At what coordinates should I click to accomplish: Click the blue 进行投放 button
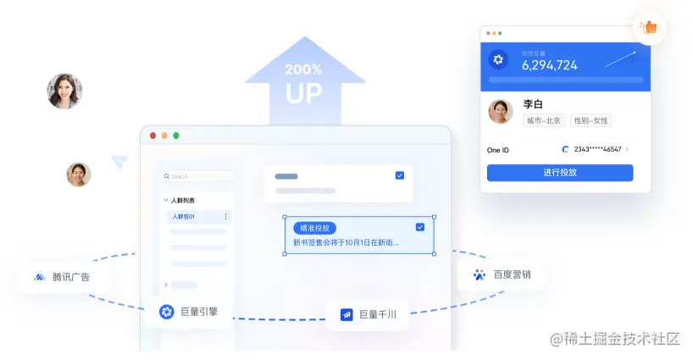click(x=559, y=173)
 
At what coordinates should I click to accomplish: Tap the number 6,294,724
click(x=549, y=65)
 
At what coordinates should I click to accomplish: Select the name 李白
click(x=532, y=104)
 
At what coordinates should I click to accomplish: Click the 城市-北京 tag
click(x=544, y=121)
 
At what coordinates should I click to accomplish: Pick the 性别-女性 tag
click(x=590, y=121)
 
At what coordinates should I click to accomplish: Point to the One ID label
click(x=498, y=150)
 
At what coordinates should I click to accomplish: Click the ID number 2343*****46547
click(x=597, y=150)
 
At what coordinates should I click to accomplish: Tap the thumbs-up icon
click(x=650, y=27)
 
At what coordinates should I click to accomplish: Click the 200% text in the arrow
click(x=303, y=69)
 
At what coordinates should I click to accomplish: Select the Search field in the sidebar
click(x=199, y=176)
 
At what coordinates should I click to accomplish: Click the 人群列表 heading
click(x=182, y=201)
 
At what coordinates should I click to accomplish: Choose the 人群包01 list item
click(x=184, y=217)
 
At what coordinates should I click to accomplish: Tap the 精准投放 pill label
click(x=315, y=228)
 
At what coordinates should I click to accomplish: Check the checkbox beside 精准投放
click(x=420, y=227)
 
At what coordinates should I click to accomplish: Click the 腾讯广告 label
click(x=70, y=277)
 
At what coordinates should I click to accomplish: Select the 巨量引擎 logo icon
click(x=166, y=312)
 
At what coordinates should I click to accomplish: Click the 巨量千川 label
click(x=378, y=315)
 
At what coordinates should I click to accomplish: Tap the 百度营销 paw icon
click(x=480, y=274)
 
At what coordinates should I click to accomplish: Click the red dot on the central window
click(x=153, y=136)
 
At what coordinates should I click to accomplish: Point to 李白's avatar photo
click(x=501, y=112)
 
